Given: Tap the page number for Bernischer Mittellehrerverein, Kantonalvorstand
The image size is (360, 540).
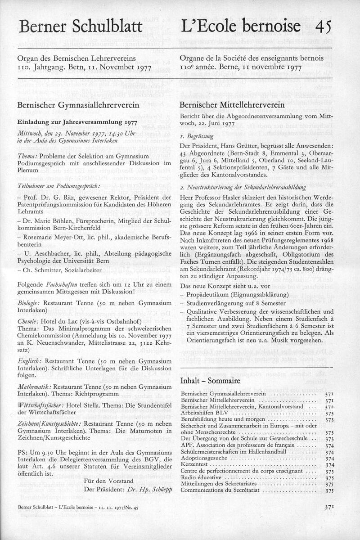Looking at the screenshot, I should [328, 407].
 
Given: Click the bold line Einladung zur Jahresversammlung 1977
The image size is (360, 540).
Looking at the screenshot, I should [71, 121].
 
